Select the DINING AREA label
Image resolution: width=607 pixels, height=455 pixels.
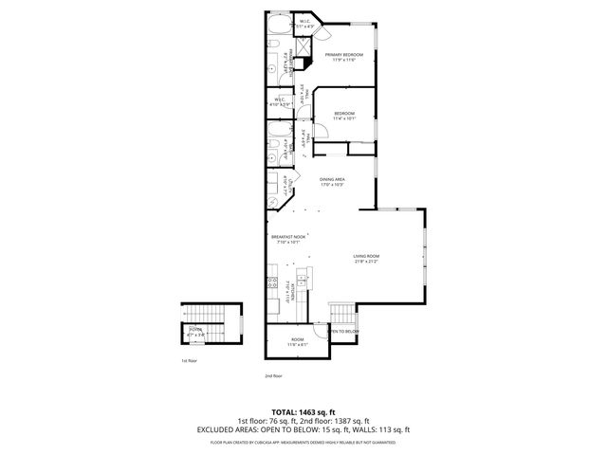point(331,181)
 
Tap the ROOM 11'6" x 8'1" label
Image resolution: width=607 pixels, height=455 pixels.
point(298,341)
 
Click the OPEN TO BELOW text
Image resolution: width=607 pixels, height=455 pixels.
point(343,331)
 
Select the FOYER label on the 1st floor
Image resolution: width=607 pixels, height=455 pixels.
point(194,332)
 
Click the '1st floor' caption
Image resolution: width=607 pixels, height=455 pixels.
point(189,361)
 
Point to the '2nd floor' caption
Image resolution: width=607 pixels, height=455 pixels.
point(273,376)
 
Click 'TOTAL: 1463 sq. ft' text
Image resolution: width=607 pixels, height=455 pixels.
point(303,413)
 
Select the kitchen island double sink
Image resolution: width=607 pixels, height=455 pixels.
point(302,278)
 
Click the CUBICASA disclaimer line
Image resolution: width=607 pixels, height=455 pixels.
point(303,441)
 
